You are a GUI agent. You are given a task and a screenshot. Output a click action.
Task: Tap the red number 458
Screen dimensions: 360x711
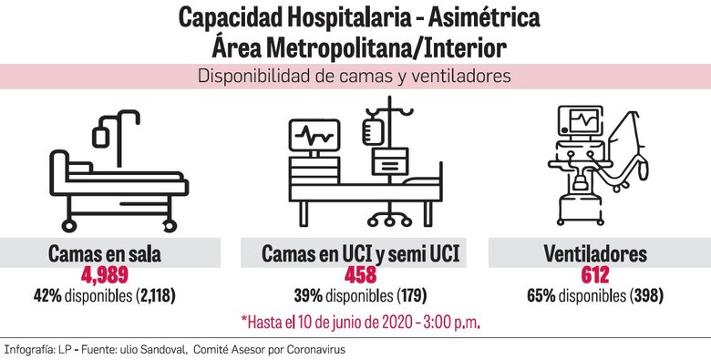point(355,275)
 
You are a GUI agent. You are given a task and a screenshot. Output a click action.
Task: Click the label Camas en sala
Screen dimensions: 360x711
point(110,253)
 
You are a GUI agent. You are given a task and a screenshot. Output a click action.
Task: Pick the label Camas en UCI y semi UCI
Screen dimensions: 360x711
point(355,253)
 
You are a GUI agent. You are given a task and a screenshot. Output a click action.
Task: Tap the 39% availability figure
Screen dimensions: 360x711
point(304,296)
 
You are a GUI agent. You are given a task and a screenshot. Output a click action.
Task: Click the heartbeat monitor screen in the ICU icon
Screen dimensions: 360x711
point(315,137)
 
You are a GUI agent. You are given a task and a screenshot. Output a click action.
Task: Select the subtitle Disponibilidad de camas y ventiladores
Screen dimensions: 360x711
point(355,77)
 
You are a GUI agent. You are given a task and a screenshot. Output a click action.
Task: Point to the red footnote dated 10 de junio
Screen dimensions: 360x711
point(360,322)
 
